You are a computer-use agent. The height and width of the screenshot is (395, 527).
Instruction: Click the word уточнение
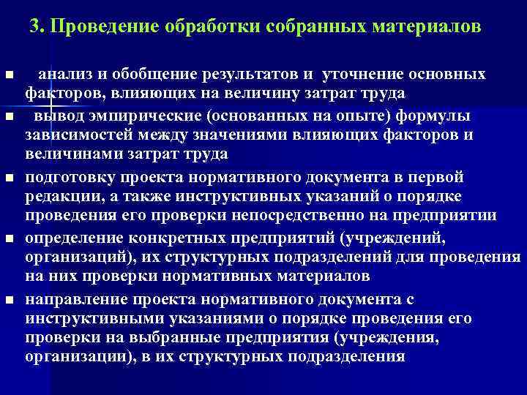click(x=361, y=75)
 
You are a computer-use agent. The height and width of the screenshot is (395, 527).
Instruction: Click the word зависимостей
click(x=72, y=135)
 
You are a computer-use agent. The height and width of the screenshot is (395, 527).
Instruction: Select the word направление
click(x=70, y=300)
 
